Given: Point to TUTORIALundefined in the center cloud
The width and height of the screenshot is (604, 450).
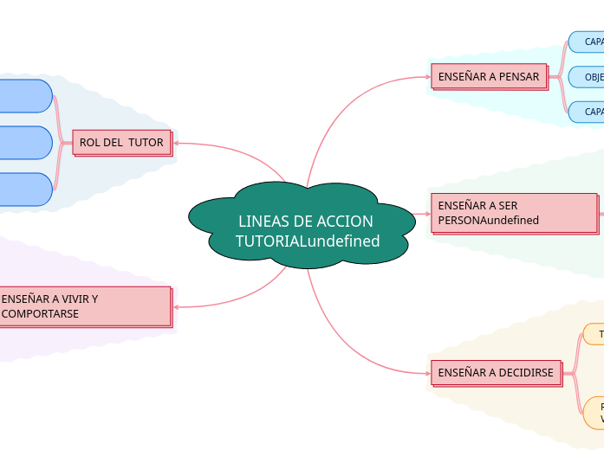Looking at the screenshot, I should pos(308,241).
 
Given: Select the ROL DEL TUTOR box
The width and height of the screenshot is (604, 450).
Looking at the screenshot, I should pos(121,142).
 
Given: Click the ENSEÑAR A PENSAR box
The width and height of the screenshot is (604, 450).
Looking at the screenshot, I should pos(489,76).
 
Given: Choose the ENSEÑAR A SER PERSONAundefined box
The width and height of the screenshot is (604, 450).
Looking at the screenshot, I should pos(514,213).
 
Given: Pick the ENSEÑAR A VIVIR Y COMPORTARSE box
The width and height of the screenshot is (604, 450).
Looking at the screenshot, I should pos(84,306).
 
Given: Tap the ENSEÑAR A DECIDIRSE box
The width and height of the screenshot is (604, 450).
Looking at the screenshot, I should pos(496,372).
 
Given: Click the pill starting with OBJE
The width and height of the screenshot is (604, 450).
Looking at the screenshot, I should pos(588,76).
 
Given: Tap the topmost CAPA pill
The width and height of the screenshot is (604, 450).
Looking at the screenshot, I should pos(588,42).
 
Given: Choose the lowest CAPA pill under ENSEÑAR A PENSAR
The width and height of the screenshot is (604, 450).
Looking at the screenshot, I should pos(588,112).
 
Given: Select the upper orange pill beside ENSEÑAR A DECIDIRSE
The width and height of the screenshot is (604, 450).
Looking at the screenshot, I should pos(594,334).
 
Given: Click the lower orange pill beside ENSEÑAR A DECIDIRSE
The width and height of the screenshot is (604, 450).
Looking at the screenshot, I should pos(594,412).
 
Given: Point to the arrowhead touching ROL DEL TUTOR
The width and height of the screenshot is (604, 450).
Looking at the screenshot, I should pos(176,143).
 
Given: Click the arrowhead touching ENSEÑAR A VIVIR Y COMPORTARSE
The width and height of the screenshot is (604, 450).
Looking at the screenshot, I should pos(176,306).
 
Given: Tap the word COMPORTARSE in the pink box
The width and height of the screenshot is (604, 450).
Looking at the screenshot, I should pos(40,313).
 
